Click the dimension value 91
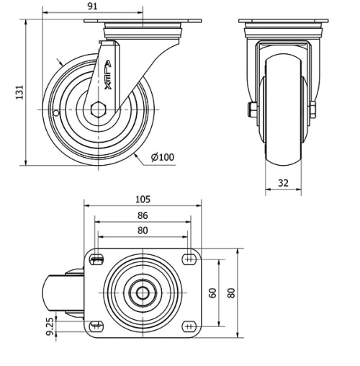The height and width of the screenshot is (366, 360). tap(92, 6)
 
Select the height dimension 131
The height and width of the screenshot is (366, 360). tap(21, 91)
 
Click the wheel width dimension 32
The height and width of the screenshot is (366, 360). tap(283, 183)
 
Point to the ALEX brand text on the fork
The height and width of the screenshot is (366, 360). tap(108, 76)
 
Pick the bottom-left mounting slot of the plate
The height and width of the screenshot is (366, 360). tap(96, 326)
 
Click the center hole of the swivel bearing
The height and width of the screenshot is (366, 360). tap(143, 293)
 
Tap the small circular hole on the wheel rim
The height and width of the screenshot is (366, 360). tap(56, 112)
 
